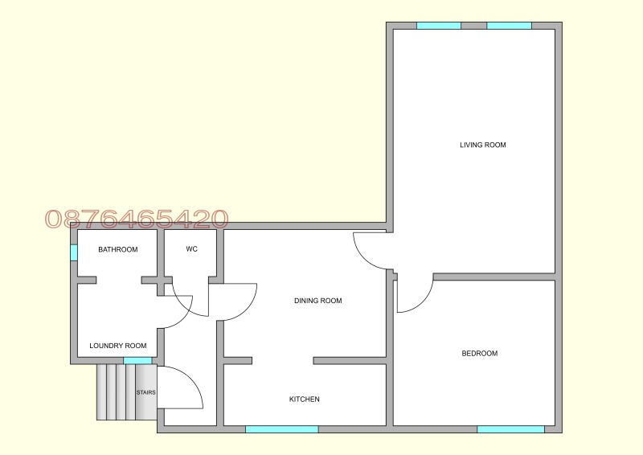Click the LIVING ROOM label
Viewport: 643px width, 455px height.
483,145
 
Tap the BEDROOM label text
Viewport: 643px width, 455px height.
479,353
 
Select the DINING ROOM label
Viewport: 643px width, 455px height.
317,301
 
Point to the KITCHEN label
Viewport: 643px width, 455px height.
305,400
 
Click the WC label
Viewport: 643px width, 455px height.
191,249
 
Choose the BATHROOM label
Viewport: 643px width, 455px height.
118,249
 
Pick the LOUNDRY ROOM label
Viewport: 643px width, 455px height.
118,346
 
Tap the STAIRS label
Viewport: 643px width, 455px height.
146,392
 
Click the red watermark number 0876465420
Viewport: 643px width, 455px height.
137,219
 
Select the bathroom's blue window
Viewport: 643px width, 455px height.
74,252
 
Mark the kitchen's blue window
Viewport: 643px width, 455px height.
282,429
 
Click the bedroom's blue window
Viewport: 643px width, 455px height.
510,429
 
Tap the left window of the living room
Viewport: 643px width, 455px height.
439,26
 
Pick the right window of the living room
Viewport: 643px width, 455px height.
510,26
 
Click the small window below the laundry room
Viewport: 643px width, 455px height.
137,361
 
